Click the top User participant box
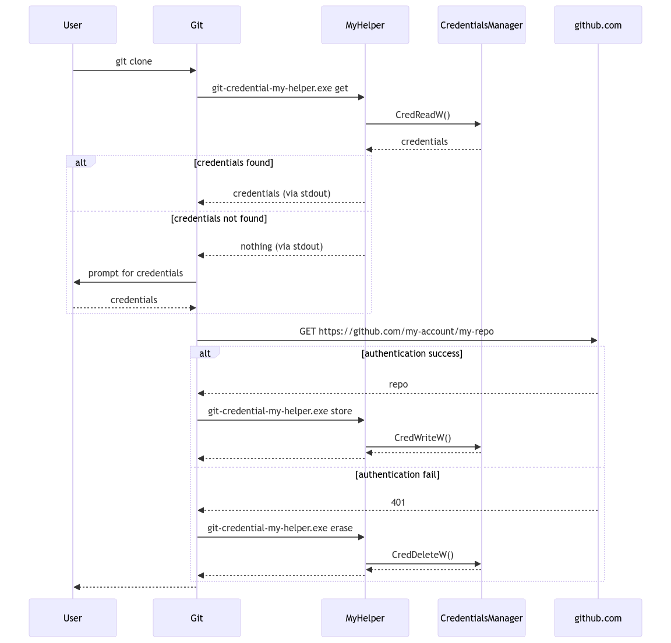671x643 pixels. pos(73,25)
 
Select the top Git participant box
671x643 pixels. pos(197,25)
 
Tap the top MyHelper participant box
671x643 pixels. pos(365,25)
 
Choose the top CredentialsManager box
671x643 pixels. pos(482,25)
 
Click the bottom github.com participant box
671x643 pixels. pos(598,618)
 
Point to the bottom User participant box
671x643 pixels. pos(73,618)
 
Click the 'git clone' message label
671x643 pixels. pos(134,62)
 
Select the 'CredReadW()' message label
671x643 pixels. pos(423,115)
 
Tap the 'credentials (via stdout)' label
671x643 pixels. pos(281,194)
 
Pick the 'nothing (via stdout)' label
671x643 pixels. pos(281,247)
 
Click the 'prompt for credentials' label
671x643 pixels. pos(136,273)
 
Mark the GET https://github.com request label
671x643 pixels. pos(397,332)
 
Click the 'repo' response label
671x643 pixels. pos(398,385)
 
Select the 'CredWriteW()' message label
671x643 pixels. pos(423,438)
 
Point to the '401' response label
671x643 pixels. pos(398,502)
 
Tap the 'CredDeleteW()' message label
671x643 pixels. pos(423,555)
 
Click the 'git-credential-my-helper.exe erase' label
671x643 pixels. pos(280,528)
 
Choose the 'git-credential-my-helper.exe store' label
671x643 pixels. pos(280,411)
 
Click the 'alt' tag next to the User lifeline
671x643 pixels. pos(81,162)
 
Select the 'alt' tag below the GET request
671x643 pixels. pos(205,353)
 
